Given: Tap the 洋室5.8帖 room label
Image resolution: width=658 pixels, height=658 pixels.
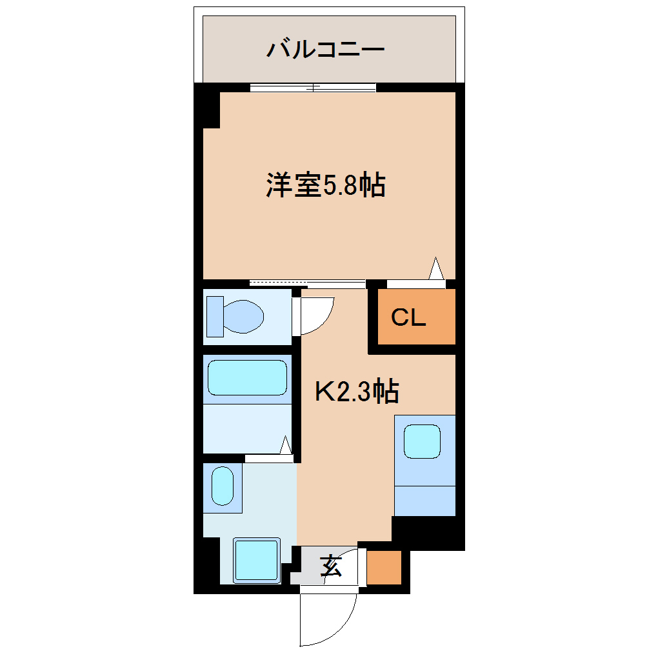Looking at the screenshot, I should click(325, 186).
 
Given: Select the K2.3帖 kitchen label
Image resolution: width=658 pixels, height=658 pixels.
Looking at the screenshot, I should click(356, 391).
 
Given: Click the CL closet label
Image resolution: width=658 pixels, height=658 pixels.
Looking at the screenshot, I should click(408, 317).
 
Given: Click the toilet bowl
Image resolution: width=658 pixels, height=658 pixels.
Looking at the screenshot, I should click(244, 316).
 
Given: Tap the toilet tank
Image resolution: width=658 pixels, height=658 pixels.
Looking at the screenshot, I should click(215, 316).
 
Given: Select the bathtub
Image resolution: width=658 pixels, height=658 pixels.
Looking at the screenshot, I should click(247, 378).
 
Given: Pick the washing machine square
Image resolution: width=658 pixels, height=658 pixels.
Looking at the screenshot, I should click(256, 559).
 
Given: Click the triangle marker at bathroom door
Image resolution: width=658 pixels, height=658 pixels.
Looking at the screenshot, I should click(286, 445).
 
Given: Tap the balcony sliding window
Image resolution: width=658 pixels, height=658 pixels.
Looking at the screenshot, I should click(313, 88).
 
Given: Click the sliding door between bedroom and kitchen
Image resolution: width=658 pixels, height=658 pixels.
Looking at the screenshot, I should click(307, 283).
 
